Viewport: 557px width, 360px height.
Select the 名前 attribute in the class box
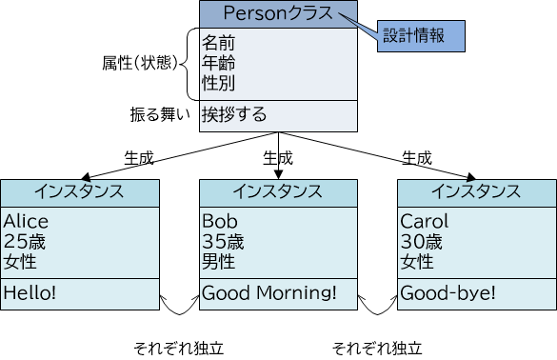coord(218,44)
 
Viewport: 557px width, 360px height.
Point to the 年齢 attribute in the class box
coord(218,63)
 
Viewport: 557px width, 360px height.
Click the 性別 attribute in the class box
coord(218,82)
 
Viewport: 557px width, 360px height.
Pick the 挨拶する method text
coord(233,114)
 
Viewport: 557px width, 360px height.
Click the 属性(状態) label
coord(139,63)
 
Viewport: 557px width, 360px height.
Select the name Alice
coord(26,222)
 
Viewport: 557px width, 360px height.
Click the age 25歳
coord(25,241)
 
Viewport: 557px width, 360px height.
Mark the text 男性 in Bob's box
coord(218,260)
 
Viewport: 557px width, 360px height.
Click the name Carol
coord(423,222)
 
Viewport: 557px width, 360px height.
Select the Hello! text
coord(30,293)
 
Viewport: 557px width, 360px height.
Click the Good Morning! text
coord(269,293)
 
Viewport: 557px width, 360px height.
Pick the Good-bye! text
coord(448,293)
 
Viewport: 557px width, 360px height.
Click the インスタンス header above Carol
coord(475,190)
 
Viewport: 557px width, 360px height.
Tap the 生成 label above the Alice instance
coord(139,157)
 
